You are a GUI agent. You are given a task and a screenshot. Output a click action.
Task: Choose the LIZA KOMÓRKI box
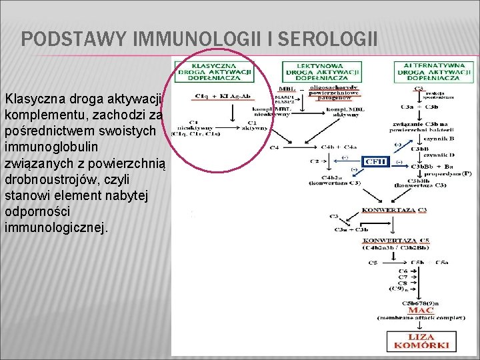[x=421, y=341]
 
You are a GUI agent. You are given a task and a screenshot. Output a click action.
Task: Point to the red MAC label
[x=421, y=310]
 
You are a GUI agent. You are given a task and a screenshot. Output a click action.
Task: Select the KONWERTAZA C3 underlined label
[x=394, y=210]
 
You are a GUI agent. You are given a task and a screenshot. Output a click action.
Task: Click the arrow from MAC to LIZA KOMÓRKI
[x=421, y=325]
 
